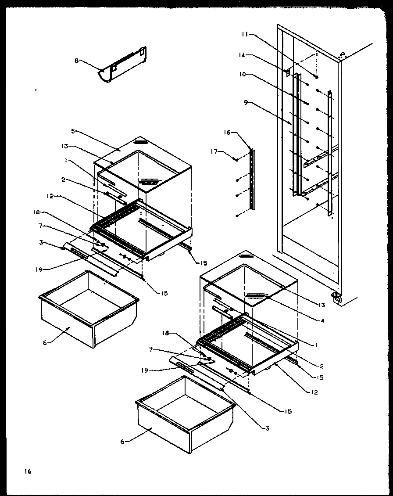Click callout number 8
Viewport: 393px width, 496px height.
76,61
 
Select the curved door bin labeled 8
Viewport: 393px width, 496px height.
123,67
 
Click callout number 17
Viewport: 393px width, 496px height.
214,152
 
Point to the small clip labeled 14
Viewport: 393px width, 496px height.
288,71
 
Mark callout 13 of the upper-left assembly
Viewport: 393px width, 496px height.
64,147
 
